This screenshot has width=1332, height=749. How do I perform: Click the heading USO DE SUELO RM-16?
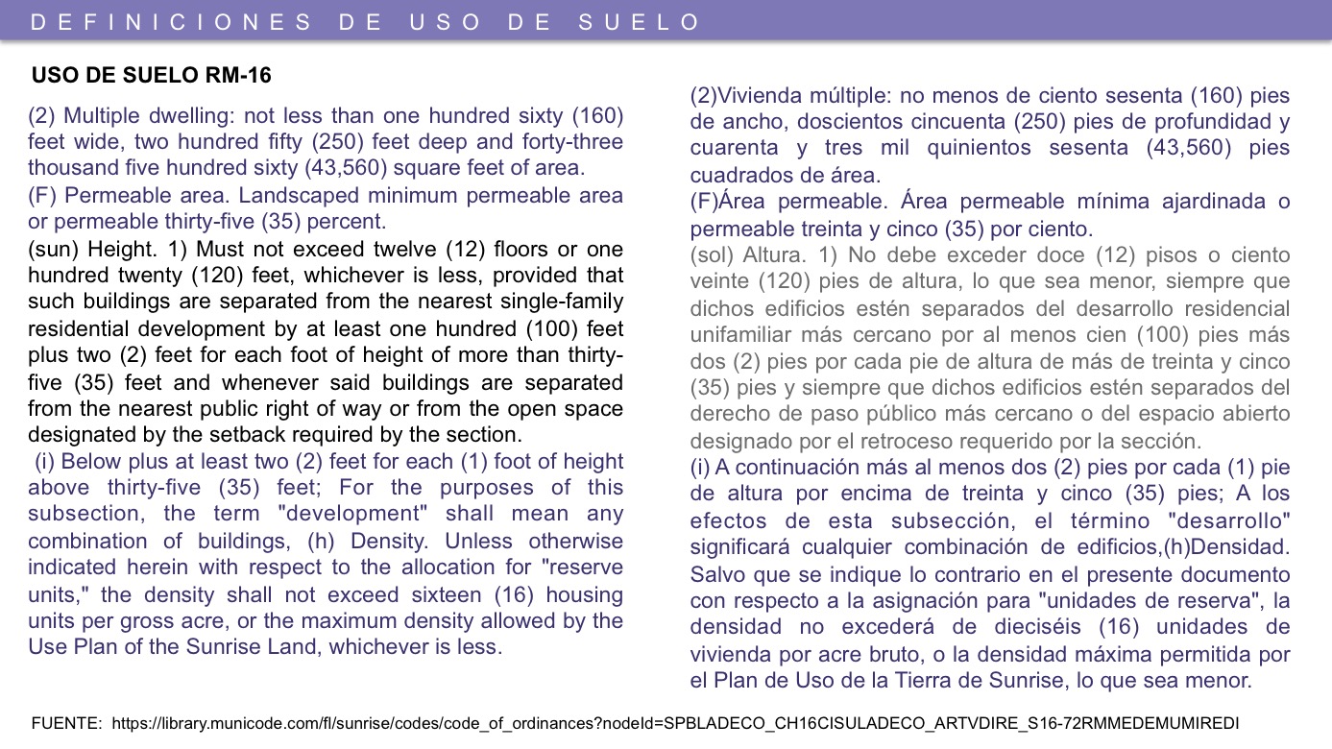point(151,76)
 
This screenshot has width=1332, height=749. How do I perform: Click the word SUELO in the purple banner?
point(640,22)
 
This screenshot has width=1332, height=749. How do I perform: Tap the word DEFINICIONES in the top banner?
point(172,22)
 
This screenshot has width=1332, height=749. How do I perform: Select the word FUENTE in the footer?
point(65,723)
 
